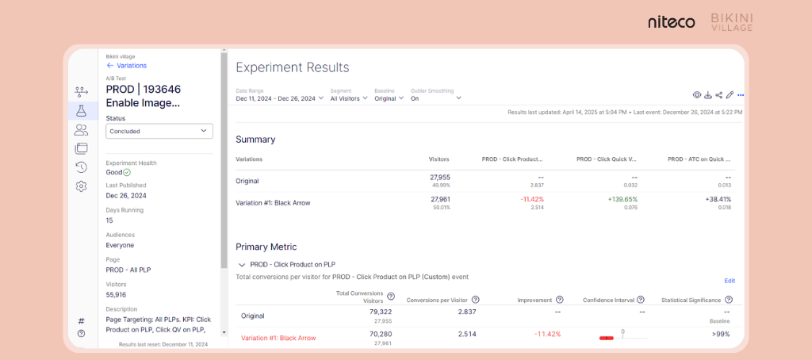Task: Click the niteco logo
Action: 671,22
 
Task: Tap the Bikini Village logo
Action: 731,22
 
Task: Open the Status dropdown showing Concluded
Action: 159,131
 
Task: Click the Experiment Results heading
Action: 292,67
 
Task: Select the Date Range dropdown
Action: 280,98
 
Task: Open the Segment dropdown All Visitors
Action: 349,98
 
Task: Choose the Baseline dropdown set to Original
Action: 389,98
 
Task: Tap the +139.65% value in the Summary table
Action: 621,199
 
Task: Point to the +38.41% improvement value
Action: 716,199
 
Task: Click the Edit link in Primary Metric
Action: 730,281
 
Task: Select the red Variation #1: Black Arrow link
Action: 278,338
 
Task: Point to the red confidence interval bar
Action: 607,338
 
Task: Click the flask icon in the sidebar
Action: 81,110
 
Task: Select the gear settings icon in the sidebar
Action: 81,186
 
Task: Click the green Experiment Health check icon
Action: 127,172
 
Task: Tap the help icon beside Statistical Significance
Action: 728,300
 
